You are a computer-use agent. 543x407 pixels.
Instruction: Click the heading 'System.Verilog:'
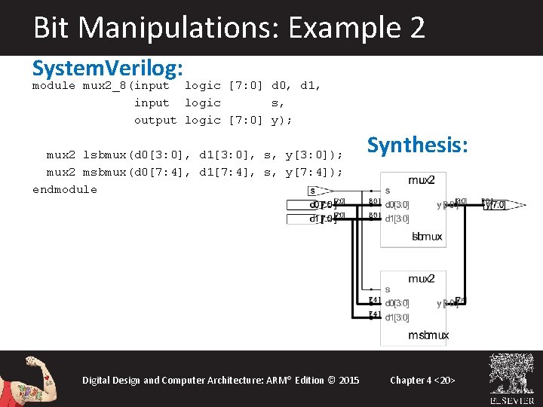[x=108, y=69]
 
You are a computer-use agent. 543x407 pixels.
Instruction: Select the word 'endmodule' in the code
[x=65, y=189]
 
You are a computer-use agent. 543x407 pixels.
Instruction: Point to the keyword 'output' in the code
[x=155, y=120]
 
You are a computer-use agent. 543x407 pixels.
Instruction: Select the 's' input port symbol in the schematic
[x=312, y=191]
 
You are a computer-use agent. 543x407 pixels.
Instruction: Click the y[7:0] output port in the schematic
[x=495, y=204]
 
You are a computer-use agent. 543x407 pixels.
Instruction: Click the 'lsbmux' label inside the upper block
[x=427, y=237]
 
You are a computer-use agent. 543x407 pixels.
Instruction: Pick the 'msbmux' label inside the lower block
[x=428, y=335]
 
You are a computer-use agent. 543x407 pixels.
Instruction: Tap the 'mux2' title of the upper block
[x=421, y=180]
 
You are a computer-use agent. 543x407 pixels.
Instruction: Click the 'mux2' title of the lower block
[x=421, y=279]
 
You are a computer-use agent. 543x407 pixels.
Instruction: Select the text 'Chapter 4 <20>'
[x=422, y=380]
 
